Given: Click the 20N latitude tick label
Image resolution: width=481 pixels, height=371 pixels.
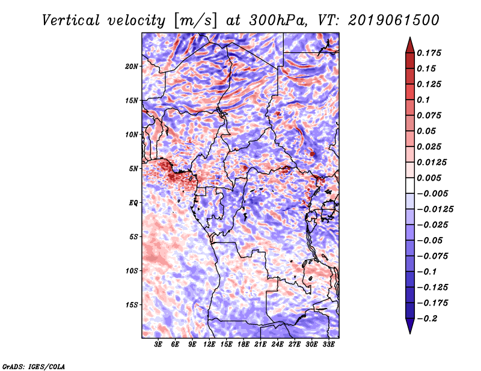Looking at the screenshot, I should (132, 66).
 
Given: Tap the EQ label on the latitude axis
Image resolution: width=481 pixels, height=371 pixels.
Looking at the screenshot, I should (133, 202).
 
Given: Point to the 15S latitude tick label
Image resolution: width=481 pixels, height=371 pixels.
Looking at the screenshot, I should (132, 305).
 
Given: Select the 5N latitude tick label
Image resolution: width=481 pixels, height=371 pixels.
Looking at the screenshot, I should (133, 169).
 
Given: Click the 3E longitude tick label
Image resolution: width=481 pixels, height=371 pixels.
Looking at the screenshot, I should (159, 345).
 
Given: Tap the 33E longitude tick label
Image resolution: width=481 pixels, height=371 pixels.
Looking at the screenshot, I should (329, 345).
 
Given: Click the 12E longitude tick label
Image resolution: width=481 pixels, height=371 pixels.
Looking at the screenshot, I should (210, 345).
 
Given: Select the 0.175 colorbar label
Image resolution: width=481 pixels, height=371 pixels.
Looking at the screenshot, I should (429, 53).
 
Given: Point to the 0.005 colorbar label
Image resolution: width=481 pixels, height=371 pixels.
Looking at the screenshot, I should (429, 178).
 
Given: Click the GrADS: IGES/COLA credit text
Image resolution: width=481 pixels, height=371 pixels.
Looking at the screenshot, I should (33, 366).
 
